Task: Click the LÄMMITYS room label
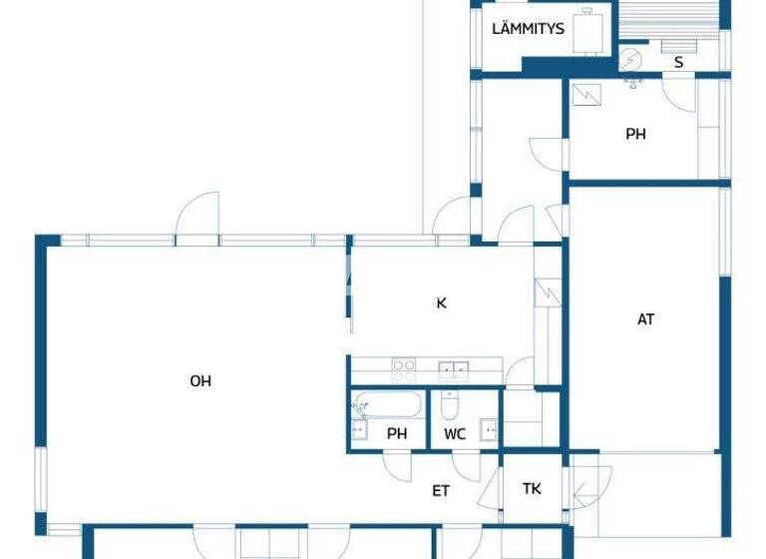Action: (528, 29)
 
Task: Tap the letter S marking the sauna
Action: (679, 62)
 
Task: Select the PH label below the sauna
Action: (635, 133)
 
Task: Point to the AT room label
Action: (646, 319)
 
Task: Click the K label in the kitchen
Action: (441, 302)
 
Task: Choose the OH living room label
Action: (200, 380)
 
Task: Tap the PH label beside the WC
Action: (398, 433)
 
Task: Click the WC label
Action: (455, 433)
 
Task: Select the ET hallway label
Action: (441, 490)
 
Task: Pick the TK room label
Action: (532, 489)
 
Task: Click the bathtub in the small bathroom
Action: (387, 404)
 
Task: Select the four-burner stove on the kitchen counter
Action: (404, 370)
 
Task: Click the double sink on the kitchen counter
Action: (454, 370)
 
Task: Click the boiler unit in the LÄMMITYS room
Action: (594, 30)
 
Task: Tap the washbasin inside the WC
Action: (488, 431)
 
